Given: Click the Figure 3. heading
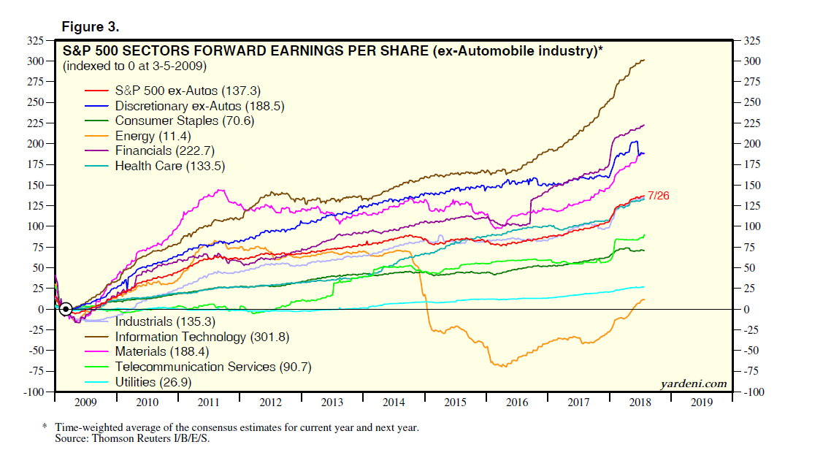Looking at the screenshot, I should tap(91, 27).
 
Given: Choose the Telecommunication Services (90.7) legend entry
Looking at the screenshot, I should tap(212, 367).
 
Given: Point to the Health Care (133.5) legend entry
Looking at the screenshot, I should tap(169, 166).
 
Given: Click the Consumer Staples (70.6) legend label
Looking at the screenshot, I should tap(184, 121).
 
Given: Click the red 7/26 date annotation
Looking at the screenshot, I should tap(658, 196).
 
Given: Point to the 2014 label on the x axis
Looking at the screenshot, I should tap(394, 402).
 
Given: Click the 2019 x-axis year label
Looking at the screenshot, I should tap(702, 402).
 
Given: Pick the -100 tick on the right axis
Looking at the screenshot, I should tap(754, 392).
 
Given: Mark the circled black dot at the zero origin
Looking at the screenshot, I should tap(66, 309).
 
